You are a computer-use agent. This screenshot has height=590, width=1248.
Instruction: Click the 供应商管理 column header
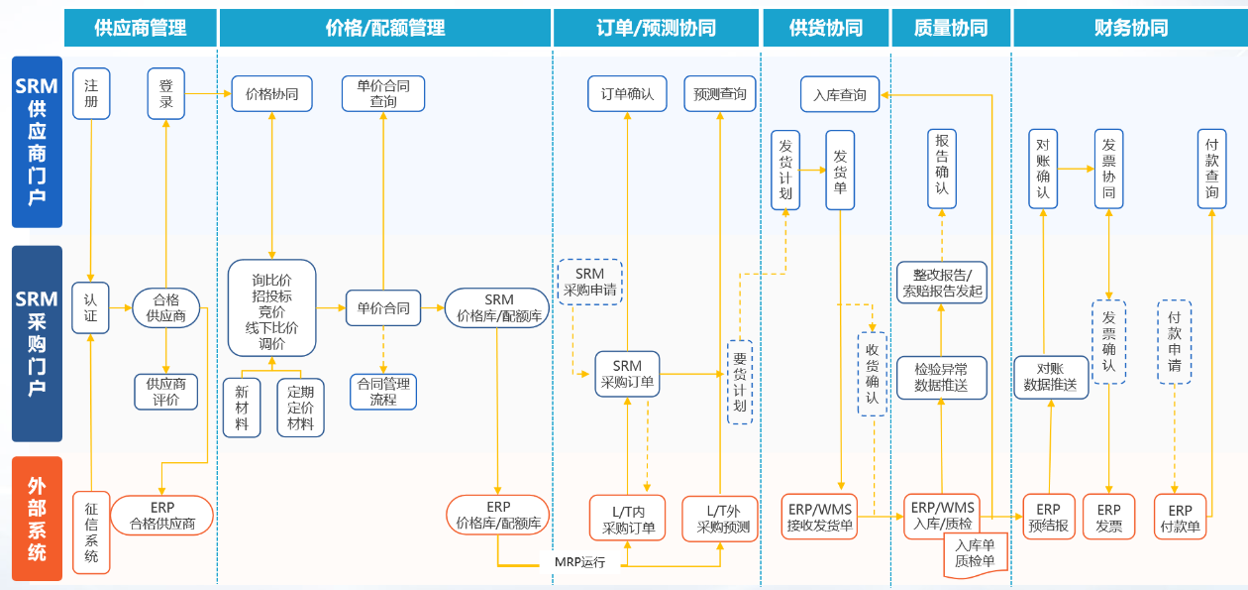(x=140, y=28)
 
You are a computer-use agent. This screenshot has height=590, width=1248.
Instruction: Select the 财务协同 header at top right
(x=1130, y=28)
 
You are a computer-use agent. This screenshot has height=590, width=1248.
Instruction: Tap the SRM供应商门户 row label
(x=37, y=142)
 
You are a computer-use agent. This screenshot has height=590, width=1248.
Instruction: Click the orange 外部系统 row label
(x=37, y=519)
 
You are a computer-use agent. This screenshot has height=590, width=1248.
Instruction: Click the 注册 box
(x=91, y=94)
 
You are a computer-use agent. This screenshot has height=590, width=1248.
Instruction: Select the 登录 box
(x=165, y=94)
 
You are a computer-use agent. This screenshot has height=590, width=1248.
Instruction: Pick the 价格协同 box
(x=271, y=94)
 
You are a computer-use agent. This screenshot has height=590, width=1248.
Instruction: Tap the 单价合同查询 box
(x=383, y=94)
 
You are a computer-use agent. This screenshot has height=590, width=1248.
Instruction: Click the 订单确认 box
(x=627, y=94)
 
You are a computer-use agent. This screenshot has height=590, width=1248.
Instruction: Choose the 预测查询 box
(x=720, y=94)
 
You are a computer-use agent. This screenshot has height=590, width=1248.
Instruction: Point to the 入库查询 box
(x=839, y=95)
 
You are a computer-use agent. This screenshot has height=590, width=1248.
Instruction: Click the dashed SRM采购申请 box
(x=589, y=282)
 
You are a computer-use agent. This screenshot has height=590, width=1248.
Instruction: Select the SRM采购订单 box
(x=627, y=374)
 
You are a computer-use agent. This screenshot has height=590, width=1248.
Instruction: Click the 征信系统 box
(x=91, y=532)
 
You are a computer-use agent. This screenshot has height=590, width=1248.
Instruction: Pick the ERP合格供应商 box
(x=162, y=517)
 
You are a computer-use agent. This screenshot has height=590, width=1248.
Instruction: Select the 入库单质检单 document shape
(x=975, y=552)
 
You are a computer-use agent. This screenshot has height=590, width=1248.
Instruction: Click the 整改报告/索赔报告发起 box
(x=942, y=283)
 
